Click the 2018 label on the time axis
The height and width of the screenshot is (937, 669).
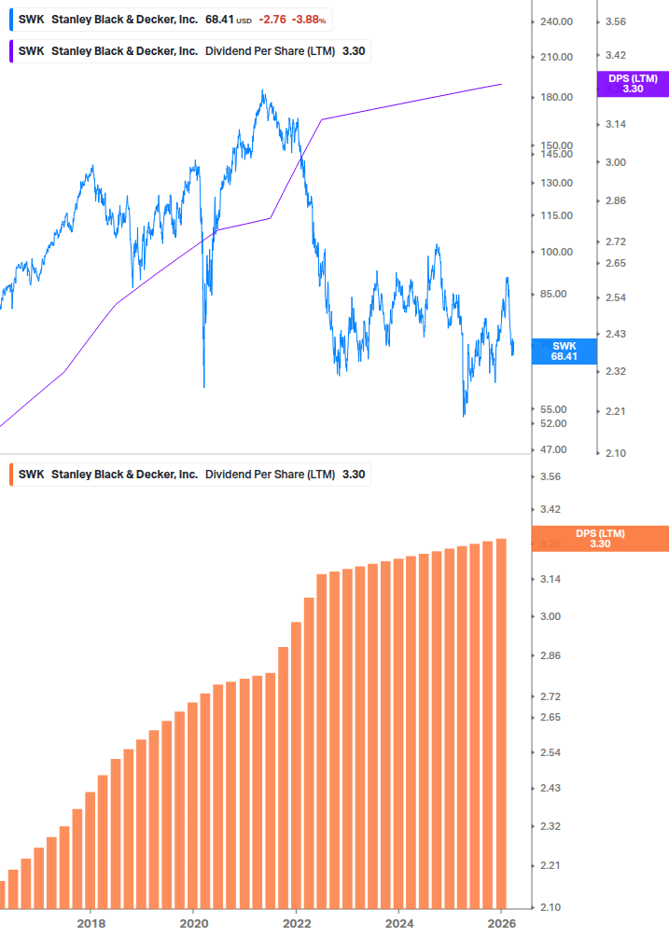pos(91,922)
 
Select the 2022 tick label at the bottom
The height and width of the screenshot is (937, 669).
pos(296,922)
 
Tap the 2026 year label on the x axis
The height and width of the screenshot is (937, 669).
pos(501,922)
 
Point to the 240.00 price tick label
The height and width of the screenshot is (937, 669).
pos(556,21)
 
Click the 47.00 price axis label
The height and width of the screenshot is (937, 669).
pos(554,449)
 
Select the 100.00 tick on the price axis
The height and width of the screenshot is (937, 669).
pos(556,252)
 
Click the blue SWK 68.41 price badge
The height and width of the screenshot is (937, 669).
pos(564,351)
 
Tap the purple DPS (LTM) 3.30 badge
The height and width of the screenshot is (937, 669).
pos(632,84)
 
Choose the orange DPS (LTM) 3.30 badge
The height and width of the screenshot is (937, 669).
pos(599,539)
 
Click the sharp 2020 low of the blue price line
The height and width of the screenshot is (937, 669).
pos(203,386)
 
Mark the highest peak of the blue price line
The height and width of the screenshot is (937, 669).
pos(263,91)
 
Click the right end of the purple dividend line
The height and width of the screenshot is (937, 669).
pos(502,84)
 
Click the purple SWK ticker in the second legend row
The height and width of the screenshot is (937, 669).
pos(31,51)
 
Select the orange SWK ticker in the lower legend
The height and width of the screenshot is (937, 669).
pos(31,475)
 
